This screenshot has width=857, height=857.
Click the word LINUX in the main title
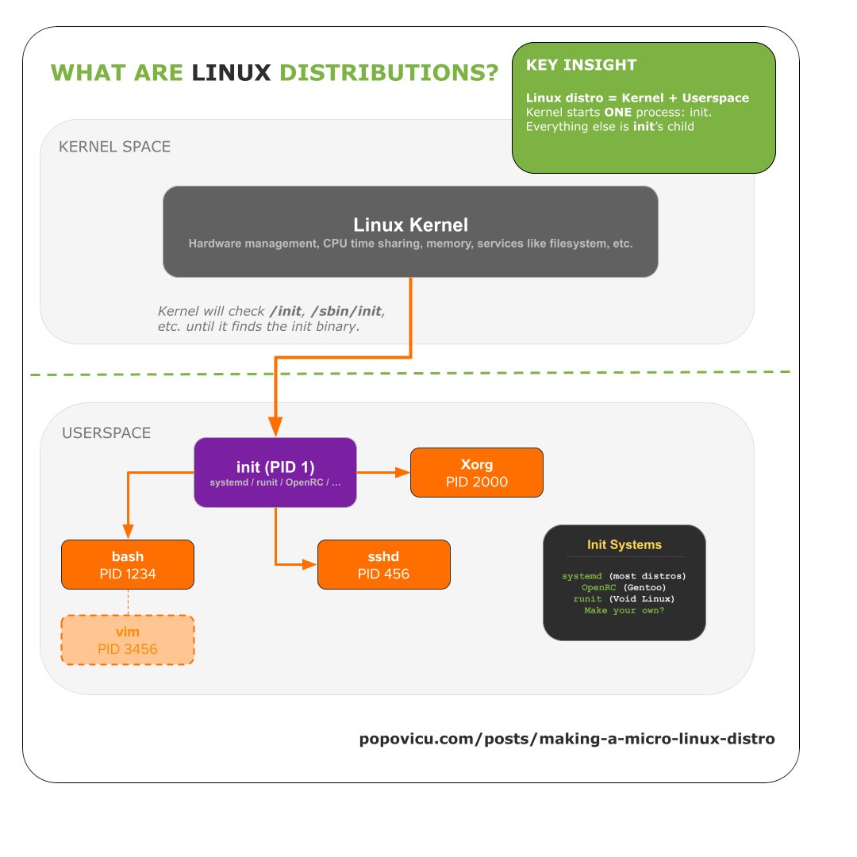click(x=232, y=73)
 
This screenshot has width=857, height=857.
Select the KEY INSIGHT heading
click(x=581, y=65)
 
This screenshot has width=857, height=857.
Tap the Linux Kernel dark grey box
click(x=410, y=232)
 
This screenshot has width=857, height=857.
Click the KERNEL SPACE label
click(x=114, y=147)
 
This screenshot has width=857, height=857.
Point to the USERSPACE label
click(x=106, y=433)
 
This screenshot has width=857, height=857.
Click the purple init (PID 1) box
click(x=275, y=472)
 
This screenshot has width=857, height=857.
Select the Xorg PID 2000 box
click(x=476, y=472)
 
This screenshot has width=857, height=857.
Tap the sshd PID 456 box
click(x=383, y=564)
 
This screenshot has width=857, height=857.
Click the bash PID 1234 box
click(x=127, y=564)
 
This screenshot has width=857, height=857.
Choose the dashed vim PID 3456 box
click(x=127, y=640)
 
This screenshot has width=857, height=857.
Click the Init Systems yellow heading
click(x=624, y=545)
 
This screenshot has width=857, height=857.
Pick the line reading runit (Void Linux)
click(x=624, y=598)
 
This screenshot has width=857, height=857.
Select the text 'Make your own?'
click(x=624, y=610)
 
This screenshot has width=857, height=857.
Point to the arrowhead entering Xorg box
click(x=403, y=472)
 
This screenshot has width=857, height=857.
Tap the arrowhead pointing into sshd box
click(x=310, y=564)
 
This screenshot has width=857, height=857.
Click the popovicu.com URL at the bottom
click(x=567, y=739)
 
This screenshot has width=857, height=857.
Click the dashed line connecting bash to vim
click(x=127, y=602)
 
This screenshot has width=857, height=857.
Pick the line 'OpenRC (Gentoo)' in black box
click(x=624, y=586)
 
